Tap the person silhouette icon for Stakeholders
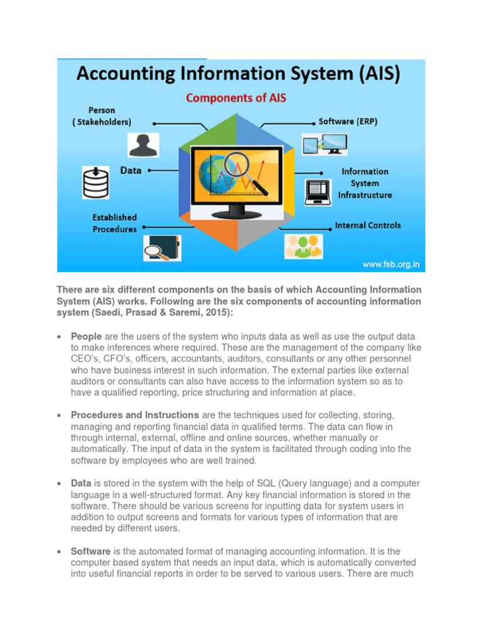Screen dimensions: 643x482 [144, 144]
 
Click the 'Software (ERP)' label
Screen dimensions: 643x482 [348, 122]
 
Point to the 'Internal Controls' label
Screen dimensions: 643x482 [367, 225]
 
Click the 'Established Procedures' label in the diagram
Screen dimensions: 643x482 [114, 223]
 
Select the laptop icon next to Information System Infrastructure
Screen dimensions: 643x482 [318, 192]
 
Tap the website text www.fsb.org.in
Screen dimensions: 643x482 [390, 264]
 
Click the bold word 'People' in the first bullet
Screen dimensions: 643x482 [87, 337]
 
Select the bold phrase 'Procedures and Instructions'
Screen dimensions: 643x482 [135, 415]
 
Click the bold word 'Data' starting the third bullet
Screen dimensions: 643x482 [81, 483]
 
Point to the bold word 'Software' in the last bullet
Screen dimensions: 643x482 [91, 551]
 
